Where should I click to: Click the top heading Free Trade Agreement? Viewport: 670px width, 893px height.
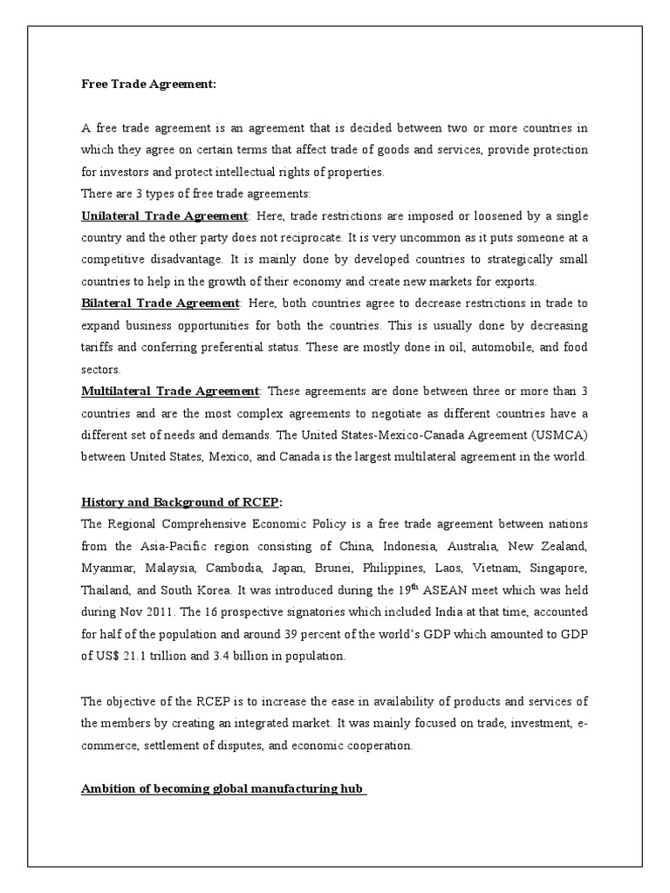147,84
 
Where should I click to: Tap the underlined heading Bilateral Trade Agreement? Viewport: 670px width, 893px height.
160,303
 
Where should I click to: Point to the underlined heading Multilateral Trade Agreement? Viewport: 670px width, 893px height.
170,391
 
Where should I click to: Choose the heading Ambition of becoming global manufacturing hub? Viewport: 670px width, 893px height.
223,765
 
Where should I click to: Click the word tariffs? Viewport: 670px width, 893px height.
99,346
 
